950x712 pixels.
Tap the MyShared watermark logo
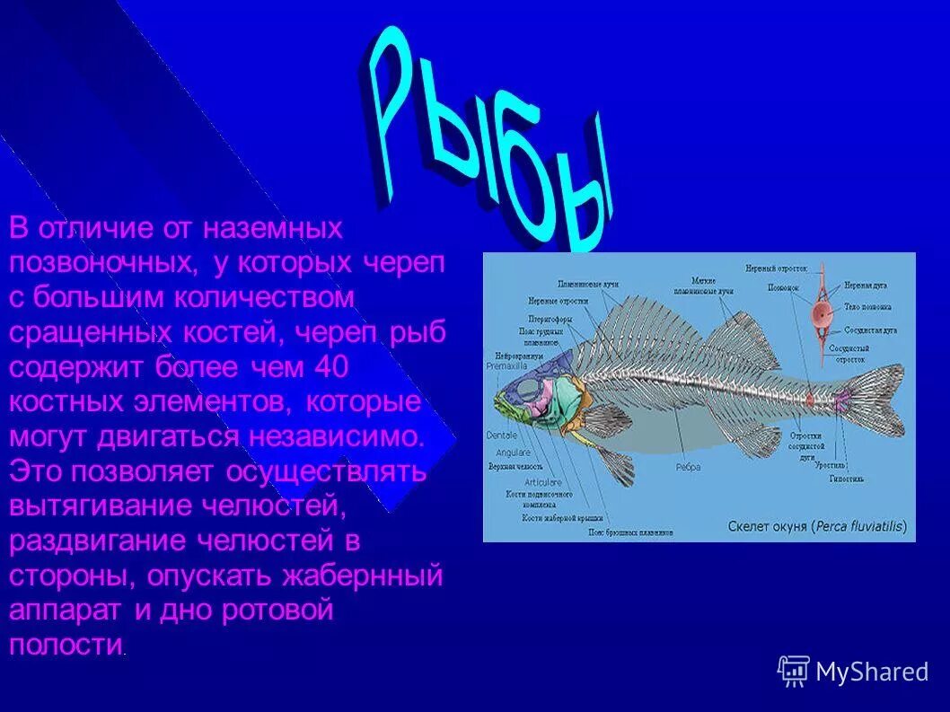tap(852, 671)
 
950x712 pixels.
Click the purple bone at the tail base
tap(842, 402)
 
